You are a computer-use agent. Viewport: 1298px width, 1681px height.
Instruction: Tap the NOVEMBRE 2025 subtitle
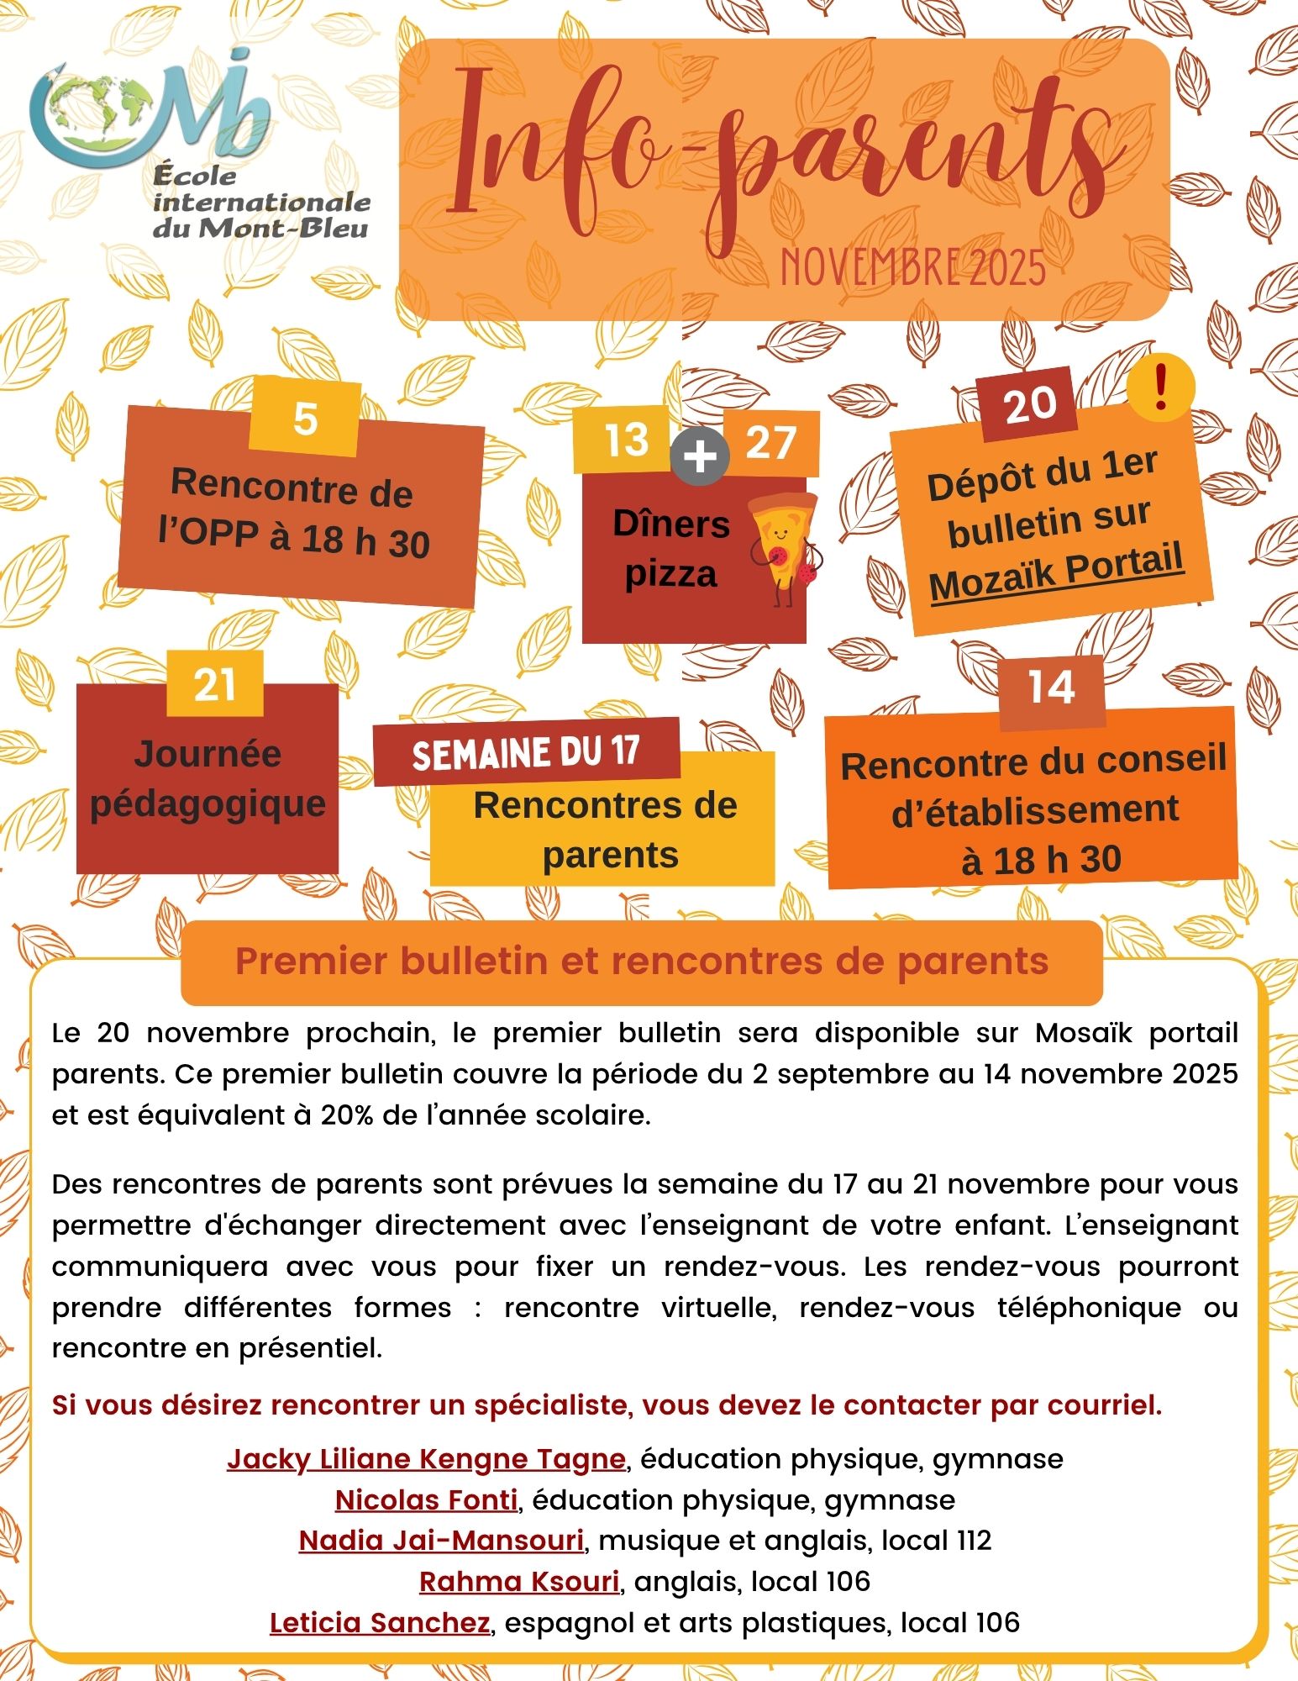pos(913,267)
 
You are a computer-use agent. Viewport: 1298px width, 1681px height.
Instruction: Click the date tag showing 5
pos(305,417)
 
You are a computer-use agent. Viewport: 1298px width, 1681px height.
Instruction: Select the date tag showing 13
pos(626,439)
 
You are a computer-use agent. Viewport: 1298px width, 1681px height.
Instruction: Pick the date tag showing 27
pos(770,442)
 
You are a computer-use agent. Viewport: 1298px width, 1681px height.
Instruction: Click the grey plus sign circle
pos(699,459)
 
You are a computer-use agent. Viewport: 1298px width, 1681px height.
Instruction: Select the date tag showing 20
pos(1030,404)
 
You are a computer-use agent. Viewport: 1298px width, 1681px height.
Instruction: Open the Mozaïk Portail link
pos(1056,573)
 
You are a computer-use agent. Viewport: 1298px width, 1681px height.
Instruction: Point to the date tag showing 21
pos(214,684)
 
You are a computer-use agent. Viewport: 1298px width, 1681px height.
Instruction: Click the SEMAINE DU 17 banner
pos(526,751)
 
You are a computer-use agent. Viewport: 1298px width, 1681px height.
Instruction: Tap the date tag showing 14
pos(1051,687)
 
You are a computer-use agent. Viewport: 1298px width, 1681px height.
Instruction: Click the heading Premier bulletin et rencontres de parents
pos(641,962)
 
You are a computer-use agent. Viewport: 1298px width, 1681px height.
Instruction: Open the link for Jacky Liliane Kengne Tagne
pos(426,1458)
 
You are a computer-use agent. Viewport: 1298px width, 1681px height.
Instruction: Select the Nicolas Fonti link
pos(426,1499)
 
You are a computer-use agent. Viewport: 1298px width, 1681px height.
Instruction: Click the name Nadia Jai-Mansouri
pos(441,1540)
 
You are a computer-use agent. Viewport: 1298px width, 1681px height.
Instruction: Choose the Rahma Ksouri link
pos(519,1581)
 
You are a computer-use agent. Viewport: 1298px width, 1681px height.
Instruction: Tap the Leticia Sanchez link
pos(380,1622)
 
